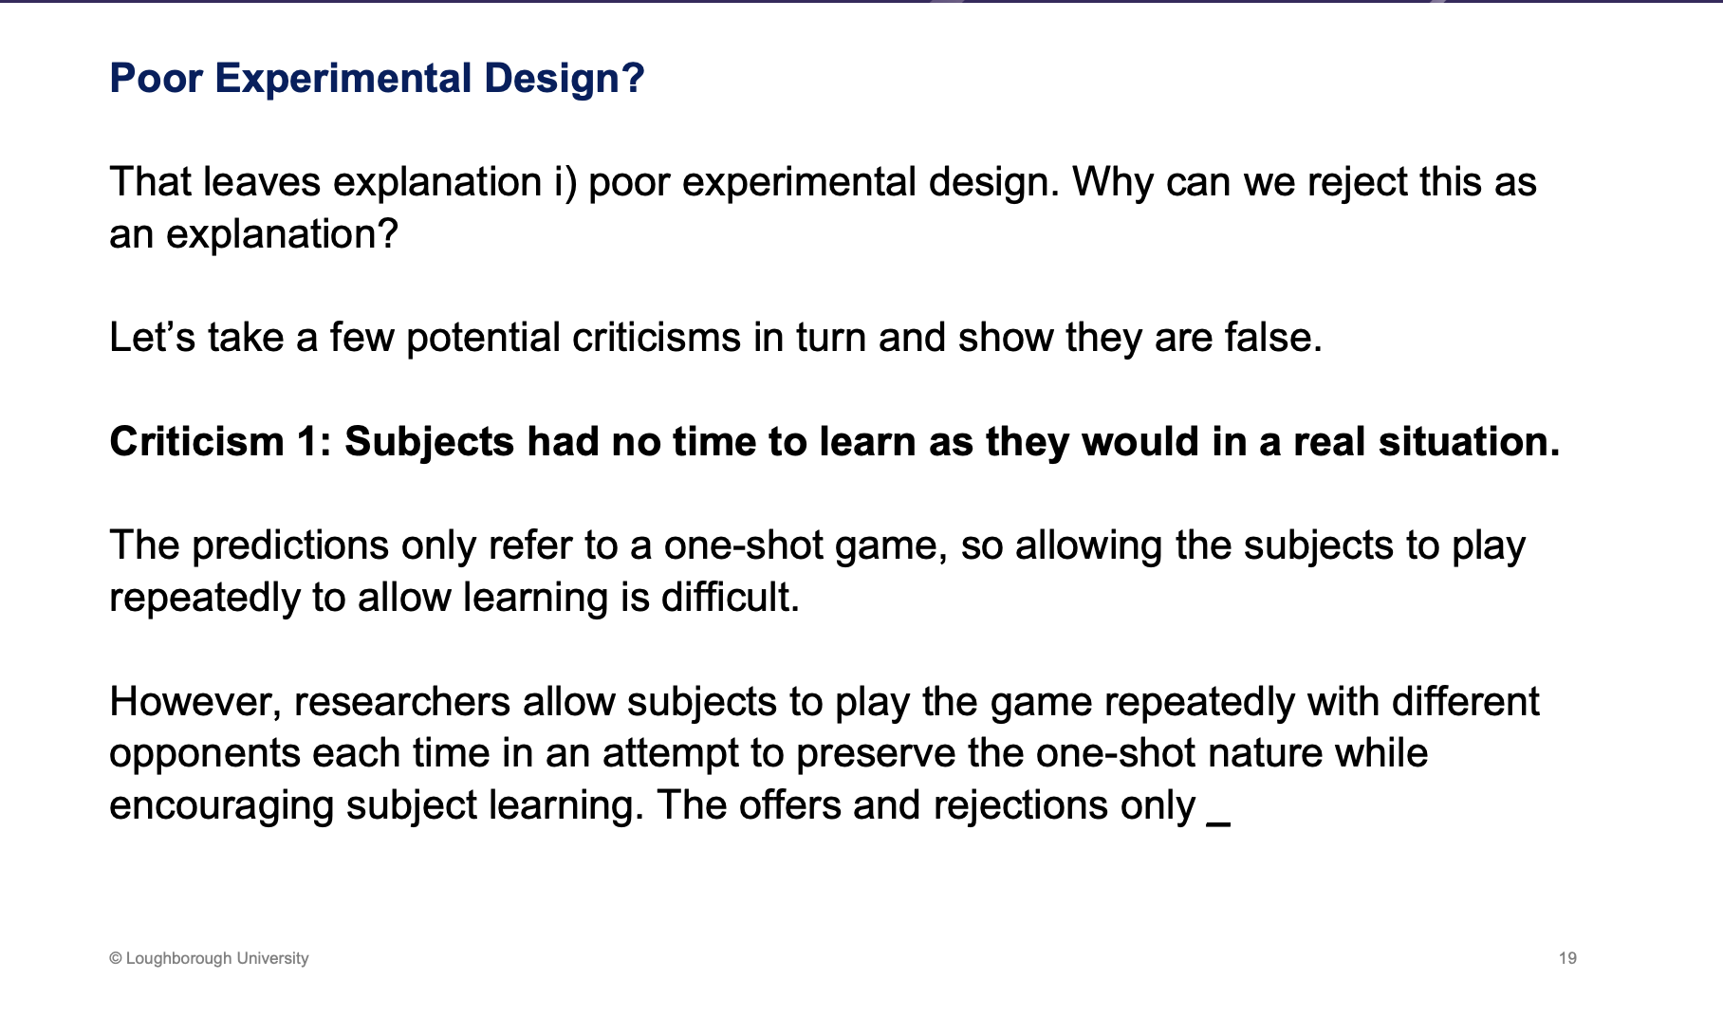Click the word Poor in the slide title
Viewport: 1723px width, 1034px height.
click(156, 78)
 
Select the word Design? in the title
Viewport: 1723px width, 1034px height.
click(564, 78)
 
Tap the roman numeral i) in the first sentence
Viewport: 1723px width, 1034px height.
click(565, 182)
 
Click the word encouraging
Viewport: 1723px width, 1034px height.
click(221, 805)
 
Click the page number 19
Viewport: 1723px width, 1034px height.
click(1567, 958)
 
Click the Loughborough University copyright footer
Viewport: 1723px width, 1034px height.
click(209, 958)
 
